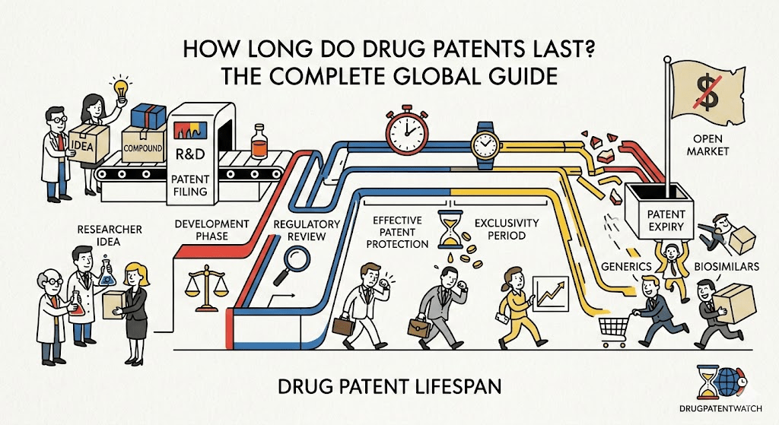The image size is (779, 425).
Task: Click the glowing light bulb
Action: pyautogui.click(x=121, y=89)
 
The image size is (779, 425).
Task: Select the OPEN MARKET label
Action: pyautogui.click(x=707, y=144)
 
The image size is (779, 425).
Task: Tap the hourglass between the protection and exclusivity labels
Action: pyautogui.click(x=450, y=229)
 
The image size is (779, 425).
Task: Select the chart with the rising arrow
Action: pyautogui.click(x=550, y=293)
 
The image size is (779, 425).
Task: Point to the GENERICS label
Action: pyautogui.click(x=626, y=267)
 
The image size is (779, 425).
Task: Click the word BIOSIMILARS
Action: pyautogui.click(x=727, y=267)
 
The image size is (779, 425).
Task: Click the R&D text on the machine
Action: pyautogui.click(x=189, y=154)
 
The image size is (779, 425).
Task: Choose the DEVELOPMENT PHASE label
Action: pyautogui.click(x=211, y=230)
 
